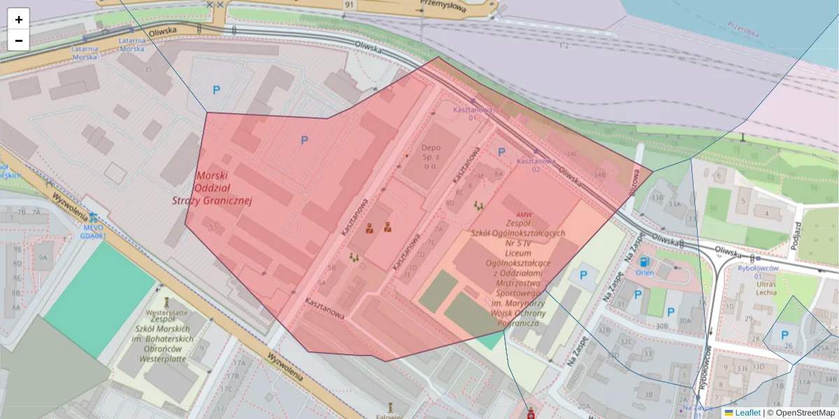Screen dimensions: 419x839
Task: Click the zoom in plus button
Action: coord(19,20)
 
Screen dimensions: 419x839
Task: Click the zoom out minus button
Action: coord(19,41)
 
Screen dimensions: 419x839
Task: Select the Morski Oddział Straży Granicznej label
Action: coord(212,188)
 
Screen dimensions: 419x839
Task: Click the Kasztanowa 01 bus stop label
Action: coord(473,114)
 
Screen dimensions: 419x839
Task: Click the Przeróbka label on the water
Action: coord(743,31)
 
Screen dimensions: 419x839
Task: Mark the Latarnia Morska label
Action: coord(85,53)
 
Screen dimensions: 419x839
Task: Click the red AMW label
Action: coord(523,215)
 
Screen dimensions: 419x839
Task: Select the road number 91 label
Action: coord(348,4)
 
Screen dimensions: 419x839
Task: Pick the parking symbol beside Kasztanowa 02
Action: coord(501,152)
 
